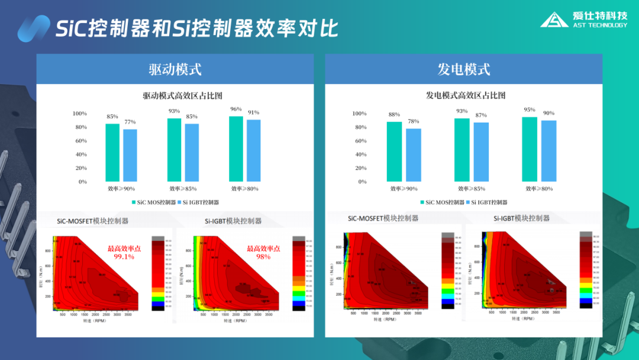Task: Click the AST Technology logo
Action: tap(583, 20)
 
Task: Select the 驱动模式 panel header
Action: tap(175, 69)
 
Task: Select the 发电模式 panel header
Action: tap(464, 69)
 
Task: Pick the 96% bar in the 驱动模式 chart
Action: tap(236, 149)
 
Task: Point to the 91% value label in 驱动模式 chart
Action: tap(253, 112)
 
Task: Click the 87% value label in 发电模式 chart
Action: tap(481, 115)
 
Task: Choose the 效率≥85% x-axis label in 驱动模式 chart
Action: tap(183, 189)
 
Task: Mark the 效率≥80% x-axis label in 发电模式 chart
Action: tap(538, 189)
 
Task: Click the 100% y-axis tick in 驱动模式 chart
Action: tap(79, 114)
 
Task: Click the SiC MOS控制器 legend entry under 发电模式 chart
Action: tap(442, 202)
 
